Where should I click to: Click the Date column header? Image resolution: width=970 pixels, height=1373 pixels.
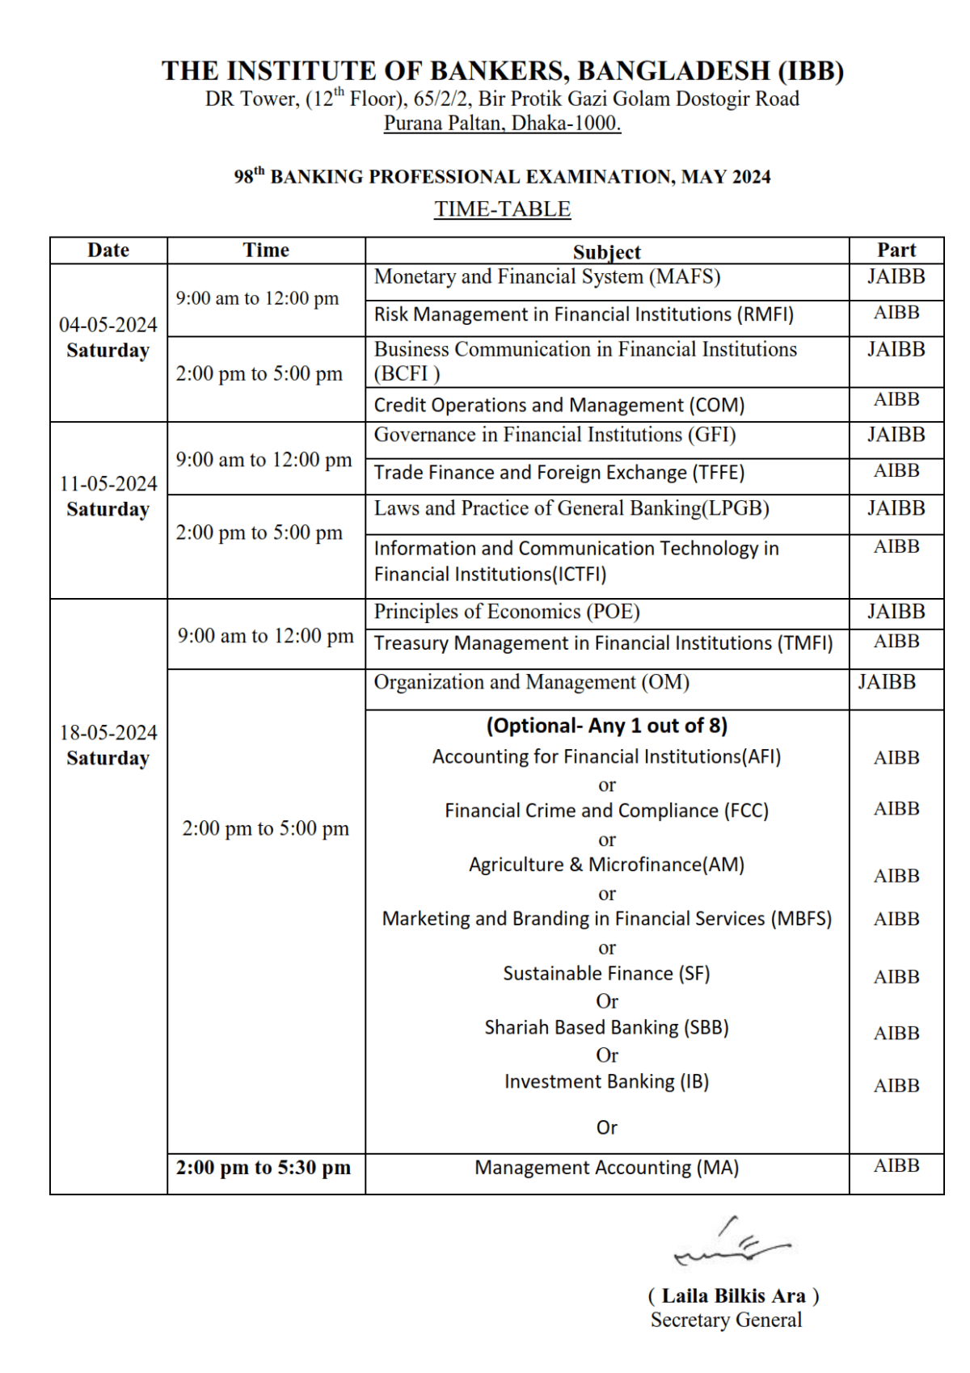(x=108, y=251)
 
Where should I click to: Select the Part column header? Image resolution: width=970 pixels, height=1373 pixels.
(x=896, y=251)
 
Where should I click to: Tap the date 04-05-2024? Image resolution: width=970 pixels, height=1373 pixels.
(x=108, y=325)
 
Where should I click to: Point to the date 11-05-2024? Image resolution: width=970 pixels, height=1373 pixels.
(x=108, y=484)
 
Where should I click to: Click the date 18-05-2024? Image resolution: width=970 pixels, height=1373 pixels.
(x=108, y=733)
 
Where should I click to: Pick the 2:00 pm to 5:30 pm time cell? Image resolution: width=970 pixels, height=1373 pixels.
(x=264, y=1168)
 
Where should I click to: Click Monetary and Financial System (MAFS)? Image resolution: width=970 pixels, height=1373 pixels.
(x=546, y=277)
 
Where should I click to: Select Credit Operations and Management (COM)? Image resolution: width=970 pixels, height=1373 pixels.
(x=559, y=405)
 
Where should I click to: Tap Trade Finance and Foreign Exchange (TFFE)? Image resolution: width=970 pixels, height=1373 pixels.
(x=559, y=473)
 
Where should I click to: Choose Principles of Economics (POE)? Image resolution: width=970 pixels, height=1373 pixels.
(x=507, y=612)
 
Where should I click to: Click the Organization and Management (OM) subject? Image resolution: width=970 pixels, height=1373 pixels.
(x=531, y=683)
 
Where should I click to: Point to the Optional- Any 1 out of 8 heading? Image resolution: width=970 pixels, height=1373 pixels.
(x=606, y=726)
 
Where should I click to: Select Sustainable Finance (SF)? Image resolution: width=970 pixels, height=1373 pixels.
(x=606, y=974)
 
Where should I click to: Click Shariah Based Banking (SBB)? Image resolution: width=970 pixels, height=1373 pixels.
(x=606, y=1028)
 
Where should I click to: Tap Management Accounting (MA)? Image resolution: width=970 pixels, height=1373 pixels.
(x=606, y=1168)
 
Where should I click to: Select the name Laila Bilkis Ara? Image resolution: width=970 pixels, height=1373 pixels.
(x=733, y=1296)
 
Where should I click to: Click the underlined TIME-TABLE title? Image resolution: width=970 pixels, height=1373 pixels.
(x=502, y=209)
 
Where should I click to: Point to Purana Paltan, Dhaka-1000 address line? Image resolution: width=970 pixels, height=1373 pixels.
(x=502, y=124)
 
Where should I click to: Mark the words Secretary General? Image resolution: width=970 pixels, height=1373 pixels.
(x=726, y=1320)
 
